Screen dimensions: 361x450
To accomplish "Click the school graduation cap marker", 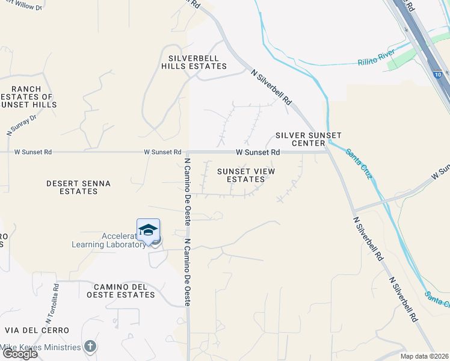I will (x=148, y=230).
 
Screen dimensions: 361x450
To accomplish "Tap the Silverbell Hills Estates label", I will (x=194, y=62).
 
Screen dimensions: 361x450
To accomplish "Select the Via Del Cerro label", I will (x=37, y=330).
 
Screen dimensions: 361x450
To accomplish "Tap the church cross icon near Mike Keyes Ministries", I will (x=90, y=346).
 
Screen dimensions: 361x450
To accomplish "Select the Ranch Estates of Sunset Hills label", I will (x=28, y=96).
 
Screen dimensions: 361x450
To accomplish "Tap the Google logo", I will (x=19, y=354).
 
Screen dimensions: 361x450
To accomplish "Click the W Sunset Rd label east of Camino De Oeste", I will (x=257, y=153).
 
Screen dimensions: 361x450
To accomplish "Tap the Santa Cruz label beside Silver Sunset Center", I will (x=359, y=162).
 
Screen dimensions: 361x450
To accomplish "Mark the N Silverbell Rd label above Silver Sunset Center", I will (x=271, y=87).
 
